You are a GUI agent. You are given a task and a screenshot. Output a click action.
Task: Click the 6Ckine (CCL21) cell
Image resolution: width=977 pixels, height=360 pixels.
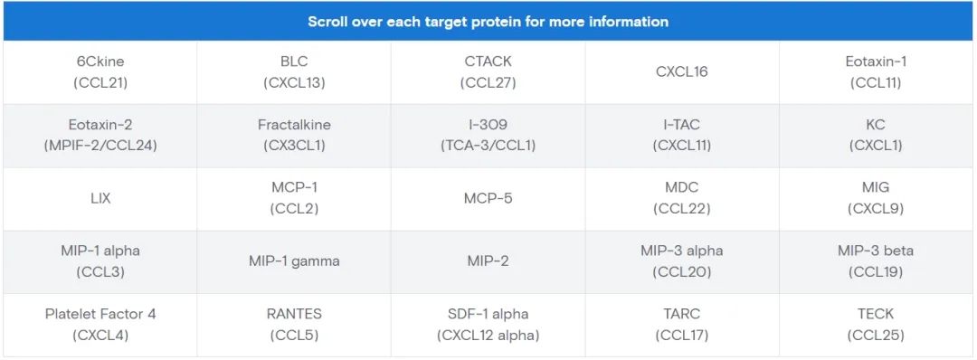[100, 72]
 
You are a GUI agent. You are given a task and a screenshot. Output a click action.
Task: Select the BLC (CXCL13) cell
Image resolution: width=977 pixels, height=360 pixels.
[294, 72]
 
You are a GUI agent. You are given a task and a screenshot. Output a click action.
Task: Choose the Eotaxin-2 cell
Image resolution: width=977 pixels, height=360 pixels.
[100, 136]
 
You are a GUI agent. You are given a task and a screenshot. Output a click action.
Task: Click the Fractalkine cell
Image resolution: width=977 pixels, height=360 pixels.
[294, 136]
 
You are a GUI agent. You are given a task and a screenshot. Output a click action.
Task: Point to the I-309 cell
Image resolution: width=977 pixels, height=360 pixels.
[488, 136]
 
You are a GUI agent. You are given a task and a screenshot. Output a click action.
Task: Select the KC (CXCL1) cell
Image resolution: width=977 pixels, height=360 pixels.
[876, 136]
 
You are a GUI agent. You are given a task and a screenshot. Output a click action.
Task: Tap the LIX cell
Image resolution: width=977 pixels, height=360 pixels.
[100, 199]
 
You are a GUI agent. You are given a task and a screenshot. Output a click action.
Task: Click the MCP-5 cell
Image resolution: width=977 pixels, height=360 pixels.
[488, 199]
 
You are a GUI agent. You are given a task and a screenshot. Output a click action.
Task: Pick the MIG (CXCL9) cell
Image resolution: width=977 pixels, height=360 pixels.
[876, 199]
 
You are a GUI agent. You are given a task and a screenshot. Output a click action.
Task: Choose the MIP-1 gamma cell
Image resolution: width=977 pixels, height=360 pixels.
[294, 262]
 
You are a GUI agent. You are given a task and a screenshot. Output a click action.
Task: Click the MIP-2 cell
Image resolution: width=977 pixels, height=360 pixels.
[488, 262]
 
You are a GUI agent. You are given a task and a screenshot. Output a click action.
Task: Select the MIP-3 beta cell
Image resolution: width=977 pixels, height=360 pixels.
[876, 262]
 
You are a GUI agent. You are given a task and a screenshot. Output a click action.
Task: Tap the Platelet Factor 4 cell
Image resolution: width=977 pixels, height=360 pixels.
[100, 325]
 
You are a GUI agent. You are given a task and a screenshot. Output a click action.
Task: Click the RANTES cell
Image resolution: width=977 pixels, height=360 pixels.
[294, 325]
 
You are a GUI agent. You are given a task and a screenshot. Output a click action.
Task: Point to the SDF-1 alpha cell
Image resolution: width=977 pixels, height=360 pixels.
[488, 325]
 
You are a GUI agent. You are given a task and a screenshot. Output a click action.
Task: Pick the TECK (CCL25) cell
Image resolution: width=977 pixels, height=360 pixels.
[876, 325]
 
